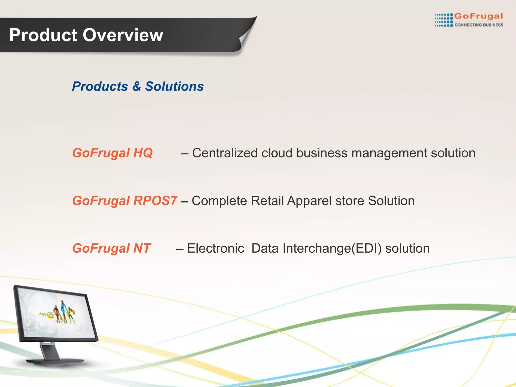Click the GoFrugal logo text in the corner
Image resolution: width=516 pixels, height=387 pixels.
(478, 16)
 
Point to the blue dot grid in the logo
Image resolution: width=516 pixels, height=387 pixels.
(444, 20)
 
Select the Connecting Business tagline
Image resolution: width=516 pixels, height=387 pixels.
(479, 25)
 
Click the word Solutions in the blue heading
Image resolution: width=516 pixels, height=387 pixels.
(174, 86)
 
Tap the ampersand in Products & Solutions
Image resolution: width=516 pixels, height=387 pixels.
(136, 86)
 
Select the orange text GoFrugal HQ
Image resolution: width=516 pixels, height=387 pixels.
(112, 153)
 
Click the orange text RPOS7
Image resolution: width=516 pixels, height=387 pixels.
(155, 201)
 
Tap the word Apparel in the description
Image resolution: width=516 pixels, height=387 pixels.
(309, 201)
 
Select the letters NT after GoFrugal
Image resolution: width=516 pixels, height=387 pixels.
(142, 248)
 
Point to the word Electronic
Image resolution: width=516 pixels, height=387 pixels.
(215, 248)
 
